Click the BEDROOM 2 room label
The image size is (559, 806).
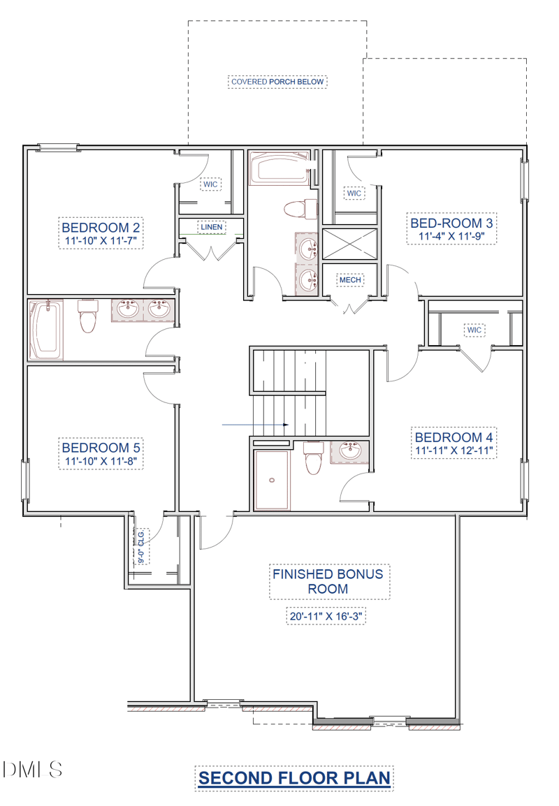[x=101, y=227]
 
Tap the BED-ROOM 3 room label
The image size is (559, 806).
[x=451, y=223]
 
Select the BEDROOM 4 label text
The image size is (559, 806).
[x=453, y=437]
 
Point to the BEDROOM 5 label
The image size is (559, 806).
[x=101, y=448]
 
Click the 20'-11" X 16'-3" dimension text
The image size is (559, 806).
[x=326, y=616]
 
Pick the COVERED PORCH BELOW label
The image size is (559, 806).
[x=277, y=82]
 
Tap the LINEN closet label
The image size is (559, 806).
[x=211, y=227]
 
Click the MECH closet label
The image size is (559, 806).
[x=350, y=280]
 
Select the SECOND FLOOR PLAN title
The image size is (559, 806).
[x=294, y=778]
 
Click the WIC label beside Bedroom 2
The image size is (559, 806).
[x=210, y=184]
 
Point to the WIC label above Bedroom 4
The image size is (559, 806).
[x=474, y=330]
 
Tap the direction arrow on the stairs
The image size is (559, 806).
[x=255, y=425]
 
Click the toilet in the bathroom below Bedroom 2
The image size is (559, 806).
[x=87, y=316]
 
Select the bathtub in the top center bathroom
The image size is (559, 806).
[x=279, y=168]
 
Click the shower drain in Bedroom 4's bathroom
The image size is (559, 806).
[x=272, y=480]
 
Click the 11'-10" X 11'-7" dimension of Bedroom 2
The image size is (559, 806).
[x=101, y=240]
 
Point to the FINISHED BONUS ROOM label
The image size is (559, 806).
[x=328, y=581]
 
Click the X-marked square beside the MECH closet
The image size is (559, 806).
[x=349, y=244]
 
